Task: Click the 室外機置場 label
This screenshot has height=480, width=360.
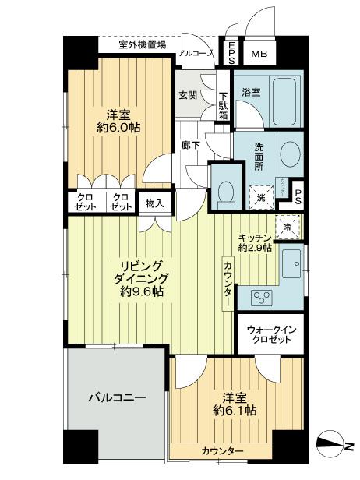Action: [142, 45]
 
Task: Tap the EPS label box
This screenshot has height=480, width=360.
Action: [232, 53]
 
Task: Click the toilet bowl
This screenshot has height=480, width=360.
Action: [226, 189]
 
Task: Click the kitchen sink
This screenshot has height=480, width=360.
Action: [293, 263]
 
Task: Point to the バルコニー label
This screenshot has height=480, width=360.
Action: [116, 397]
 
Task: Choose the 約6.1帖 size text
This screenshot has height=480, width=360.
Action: [234, 411]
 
